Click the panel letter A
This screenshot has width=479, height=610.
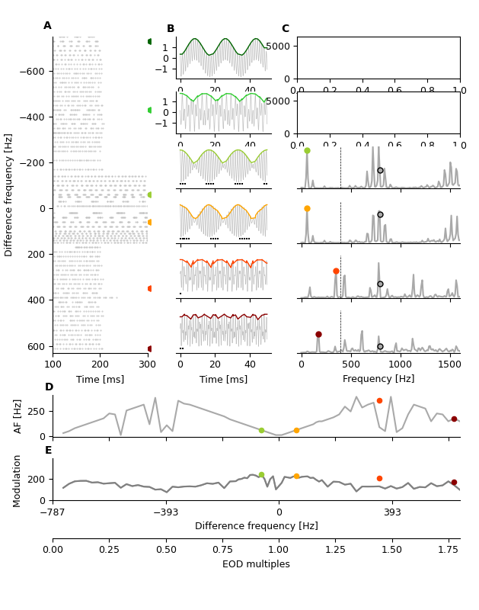click(47, 26)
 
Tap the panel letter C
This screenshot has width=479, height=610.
click(286, 29)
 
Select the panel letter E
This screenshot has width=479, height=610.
click(49, 451)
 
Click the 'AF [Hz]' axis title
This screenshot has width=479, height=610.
click(18, 416)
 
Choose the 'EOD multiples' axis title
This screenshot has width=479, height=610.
click(256, 564)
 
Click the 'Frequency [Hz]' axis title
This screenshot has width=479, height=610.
click(378, 379)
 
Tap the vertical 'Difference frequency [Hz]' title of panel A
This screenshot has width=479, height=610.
click(9, 194)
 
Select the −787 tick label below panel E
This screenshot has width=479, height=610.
click(53, 513)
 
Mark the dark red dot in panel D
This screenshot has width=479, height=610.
click(454, 419)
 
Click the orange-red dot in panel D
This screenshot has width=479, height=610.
click(379, 400)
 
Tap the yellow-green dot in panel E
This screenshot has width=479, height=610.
click(261, 475)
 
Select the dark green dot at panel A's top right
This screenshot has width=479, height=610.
click(149, 41)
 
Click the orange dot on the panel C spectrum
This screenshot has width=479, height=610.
click(307, 208)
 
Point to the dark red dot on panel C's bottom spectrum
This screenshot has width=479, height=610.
click(318, 334)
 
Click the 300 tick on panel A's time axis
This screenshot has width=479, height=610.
click(147, 364)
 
